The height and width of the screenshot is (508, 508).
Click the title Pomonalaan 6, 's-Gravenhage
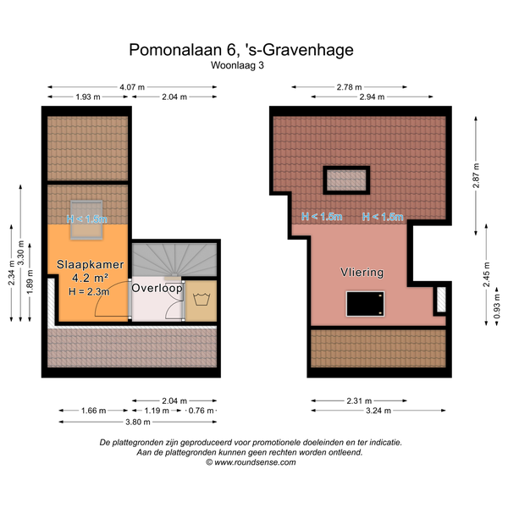pos(241,50)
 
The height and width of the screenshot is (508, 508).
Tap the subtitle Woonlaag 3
pos(237,65)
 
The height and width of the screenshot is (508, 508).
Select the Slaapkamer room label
pos(91,264)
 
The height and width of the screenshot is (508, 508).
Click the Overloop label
pos(157,288)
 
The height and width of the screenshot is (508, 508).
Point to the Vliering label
pos(362,272)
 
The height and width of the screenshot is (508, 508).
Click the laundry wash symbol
pos(202,299)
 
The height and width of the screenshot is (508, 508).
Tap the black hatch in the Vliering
pos(365,304)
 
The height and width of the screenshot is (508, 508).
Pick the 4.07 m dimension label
pos(132,87)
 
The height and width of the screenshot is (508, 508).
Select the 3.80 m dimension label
pos(138,422)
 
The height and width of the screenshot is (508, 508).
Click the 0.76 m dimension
pos(201,411)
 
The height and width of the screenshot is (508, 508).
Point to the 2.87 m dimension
pos(476,175)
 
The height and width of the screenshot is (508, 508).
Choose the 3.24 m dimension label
pos(378,411)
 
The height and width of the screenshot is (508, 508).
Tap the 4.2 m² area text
pos(90,278)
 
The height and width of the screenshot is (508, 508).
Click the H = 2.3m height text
pos(89,291)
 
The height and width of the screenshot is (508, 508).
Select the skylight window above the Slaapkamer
pos(87,219)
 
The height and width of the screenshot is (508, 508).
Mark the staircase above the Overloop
pos(174,260)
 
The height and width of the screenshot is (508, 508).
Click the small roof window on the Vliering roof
pos(346,180)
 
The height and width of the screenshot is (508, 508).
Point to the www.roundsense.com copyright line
pos(251,462)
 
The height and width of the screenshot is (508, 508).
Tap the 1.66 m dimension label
pos(94,411)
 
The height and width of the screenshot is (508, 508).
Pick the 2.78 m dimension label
pos(349,87)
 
